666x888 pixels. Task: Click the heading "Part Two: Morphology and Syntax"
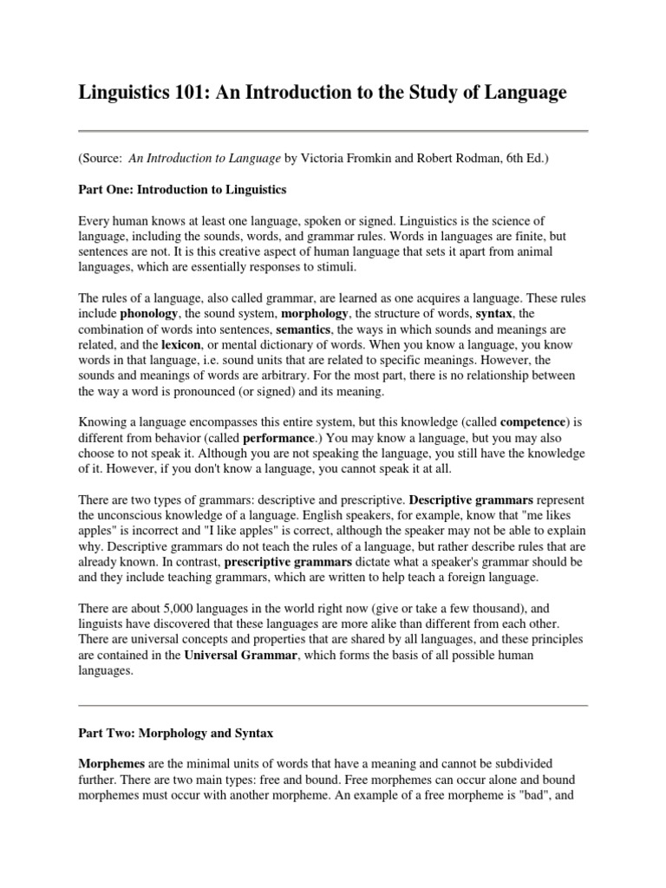(x=175, y=734)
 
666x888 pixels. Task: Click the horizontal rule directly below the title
(x=333, y=131)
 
